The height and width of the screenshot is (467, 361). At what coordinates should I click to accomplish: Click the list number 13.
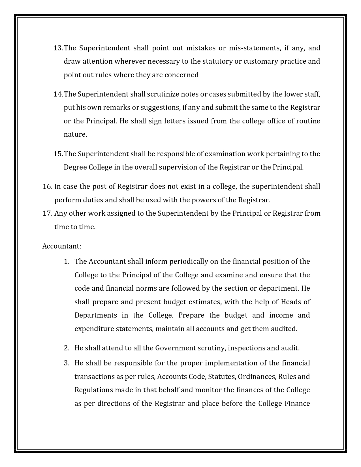(58, 48)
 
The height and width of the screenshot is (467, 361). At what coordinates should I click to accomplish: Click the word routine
(308, 121)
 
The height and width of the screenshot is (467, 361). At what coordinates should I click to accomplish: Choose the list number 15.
(58, 154)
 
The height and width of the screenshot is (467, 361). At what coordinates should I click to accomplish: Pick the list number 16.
(47, 187)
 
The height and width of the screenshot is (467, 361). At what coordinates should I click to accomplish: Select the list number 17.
(47, 213)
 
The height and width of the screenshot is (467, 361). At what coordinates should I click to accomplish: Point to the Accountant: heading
(62, 246)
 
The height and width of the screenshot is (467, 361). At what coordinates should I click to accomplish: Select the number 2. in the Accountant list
(67, 348)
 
